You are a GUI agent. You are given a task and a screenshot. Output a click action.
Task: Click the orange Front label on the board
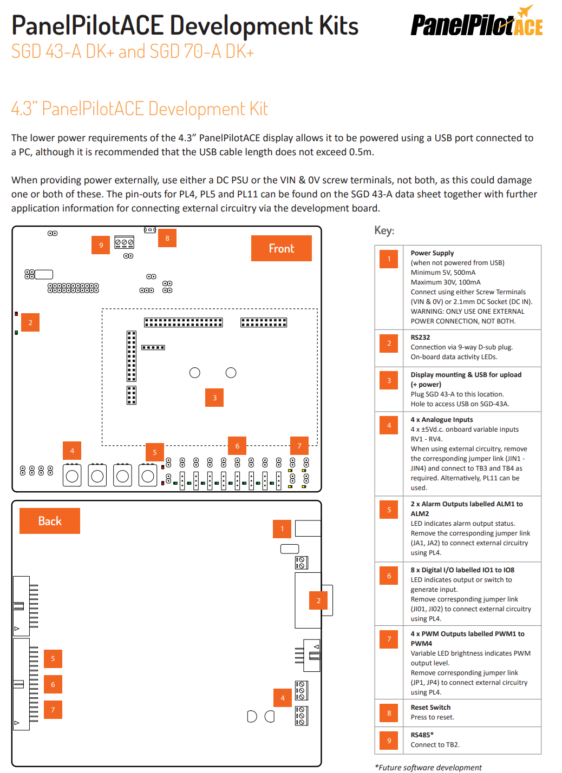(x=281, y=248)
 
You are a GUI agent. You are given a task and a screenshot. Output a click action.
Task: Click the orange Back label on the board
(x=50, y=521)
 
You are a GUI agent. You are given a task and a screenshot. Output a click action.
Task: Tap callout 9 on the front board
(x=101, y=245)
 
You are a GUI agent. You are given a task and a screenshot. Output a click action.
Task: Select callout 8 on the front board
(x=167, y=238)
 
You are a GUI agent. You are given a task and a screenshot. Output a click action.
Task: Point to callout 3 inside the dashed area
(x=214, y=398)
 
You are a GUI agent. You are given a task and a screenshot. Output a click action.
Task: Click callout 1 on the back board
(x=282, y=528)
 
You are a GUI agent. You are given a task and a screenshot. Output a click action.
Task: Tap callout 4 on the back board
(x=283, y=698)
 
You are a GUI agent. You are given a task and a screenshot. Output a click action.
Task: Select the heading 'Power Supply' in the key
(x=432, y=253)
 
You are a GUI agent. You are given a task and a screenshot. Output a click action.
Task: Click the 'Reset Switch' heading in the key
(x=430, y=707)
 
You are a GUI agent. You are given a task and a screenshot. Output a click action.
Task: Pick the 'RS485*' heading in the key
(x=422, y=735)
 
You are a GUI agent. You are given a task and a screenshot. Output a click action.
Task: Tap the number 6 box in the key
(x=389, y=576)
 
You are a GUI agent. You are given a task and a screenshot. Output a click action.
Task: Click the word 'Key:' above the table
(x=384, y=230)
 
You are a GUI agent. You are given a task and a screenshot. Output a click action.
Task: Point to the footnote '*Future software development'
(x=428, y=767)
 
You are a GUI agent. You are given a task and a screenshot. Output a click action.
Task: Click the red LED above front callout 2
(x=16, y=314)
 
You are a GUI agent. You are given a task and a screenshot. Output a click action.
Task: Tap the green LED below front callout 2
(x=16, y=332)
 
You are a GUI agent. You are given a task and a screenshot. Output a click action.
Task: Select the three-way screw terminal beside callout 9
(x=125, y=242)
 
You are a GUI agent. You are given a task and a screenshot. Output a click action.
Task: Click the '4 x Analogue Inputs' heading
(x=442, y=420)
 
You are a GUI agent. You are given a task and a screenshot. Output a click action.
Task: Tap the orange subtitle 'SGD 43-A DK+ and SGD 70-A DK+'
(x=133, y=51)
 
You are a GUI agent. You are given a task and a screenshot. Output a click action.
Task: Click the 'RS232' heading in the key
(x=420, y=337)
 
